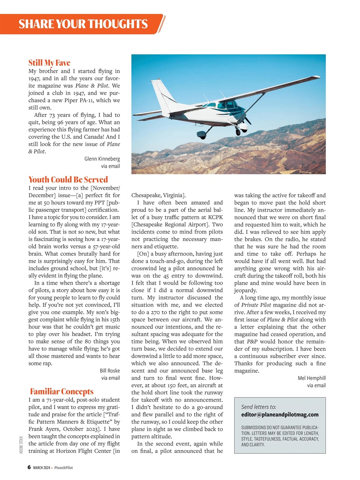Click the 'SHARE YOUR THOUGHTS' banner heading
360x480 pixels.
[x=83, y=24]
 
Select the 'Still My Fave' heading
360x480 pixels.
[x=49, y=63]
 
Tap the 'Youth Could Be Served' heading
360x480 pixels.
[x=68, y=179]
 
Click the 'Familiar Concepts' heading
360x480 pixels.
[x=62, y=391]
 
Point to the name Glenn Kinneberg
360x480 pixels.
[x=102, y=159]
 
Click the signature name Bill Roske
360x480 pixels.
[x=109, y=370]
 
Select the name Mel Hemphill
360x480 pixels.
[x=311, y=378]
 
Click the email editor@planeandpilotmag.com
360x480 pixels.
[x=280, y=414]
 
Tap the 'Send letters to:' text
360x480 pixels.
[x=259, y=406]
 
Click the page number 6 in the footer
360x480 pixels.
[x=29, y=467]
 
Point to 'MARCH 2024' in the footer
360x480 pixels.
[x=41, y=468]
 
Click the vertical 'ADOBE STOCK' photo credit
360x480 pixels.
[x=21, y=445]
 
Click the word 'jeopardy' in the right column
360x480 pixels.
[x=245, y=290]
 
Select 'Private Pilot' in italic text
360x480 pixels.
[x=256, y=305]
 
